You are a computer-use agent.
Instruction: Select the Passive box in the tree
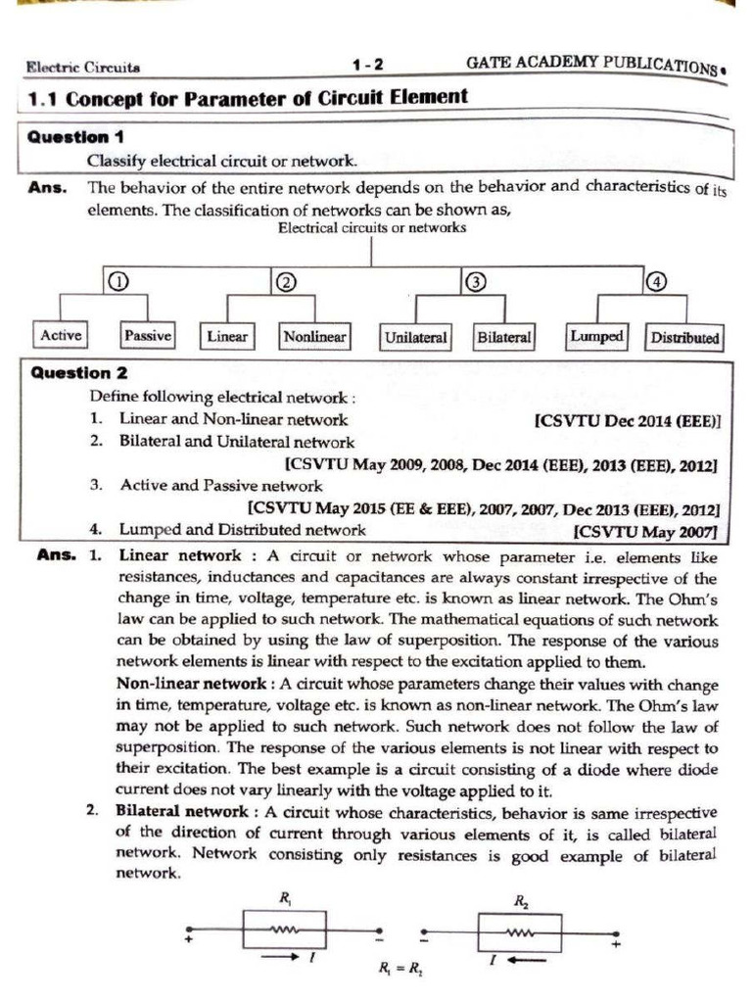point(147,336)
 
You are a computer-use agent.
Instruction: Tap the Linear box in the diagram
point(227,337)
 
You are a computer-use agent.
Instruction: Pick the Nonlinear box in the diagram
point(314,337)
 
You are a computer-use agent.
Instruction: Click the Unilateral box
point(415,338)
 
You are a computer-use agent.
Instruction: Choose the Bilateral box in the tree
point(503,337)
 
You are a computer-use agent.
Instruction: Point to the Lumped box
point(596,337)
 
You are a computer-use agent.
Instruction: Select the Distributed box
point(684,338)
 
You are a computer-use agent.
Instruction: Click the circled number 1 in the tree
point(117,282)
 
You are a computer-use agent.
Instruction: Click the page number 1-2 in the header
point(368,67)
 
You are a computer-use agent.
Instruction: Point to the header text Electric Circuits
point(83,68)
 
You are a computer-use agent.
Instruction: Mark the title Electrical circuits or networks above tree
point(372,228)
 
